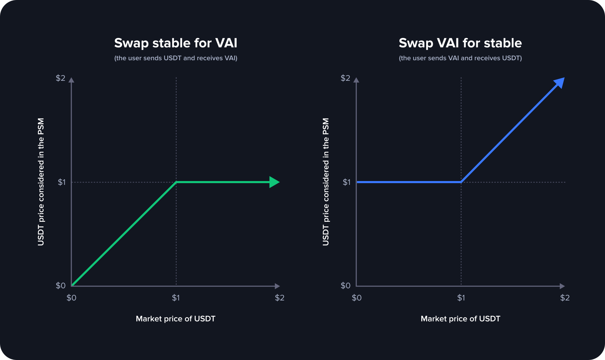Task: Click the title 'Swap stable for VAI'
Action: coord(176,43)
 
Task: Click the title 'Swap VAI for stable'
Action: coord(460,43)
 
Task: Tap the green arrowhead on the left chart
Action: coord(274,182)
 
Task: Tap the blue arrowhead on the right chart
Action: coord(559,83)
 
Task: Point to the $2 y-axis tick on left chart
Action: coord(61,78)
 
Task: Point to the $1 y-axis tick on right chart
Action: coord(347,182)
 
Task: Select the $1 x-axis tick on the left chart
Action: coord(176,298)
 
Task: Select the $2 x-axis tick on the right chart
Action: coord(565,298)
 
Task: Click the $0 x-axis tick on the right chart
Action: coord(357,298)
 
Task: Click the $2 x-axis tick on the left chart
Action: coord(279,298)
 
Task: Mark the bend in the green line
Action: coord(176,182)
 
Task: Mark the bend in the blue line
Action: coord(461,182)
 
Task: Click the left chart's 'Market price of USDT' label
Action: coord(176,319)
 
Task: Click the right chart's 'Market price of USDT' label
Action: coord(460,319)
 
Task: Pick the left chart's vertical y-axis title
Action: coord(41,182)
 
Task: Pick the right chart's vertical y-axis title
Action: coord(326,182)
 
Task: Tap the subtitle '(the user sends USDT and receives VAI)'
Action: coord(176,58)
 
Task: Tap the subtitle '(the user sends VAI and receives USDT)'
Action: coord(460,58)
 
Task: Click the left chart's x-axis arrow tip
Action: coord(278,286)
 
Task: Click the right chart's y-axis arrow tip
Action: coord(356,80)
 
